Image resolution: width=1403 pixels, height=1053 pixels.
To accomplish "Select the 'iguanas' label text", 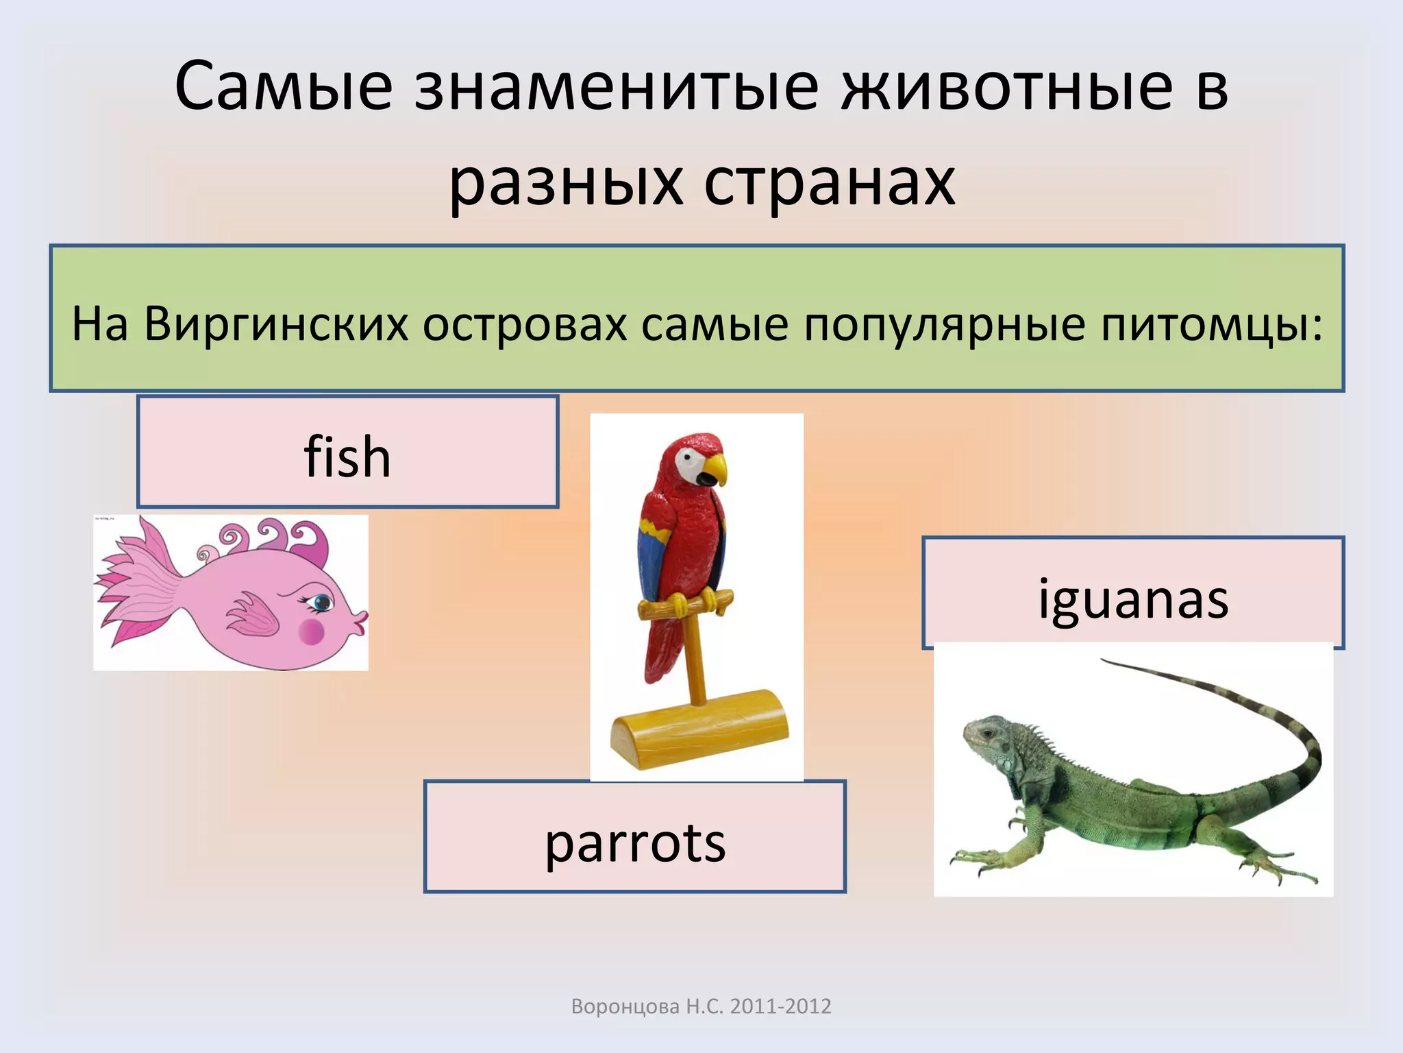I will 1133,599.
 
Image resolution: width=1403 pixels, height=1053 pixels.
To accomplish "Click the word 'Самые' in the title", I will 284,88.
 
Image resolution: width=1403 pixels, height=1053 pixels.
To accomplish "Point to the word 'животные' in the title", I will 1007,88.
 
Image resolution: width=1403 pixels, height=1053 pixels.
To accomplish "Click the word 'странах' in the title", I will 829,184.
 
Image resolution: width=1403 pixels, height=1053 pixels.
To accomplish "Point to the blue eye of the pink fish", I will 320,603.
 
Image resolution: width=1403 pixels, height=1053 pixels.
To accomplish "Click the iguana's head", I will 986,737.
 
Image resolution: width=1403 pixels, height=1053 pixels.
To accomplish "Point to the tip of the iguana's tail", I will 1104,660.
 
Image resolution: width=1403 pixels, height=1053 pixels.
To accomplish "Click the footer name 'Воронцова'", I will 625,1006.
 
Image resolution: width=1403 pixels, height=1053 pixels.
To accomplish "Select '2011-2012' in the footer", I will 780,1006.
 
